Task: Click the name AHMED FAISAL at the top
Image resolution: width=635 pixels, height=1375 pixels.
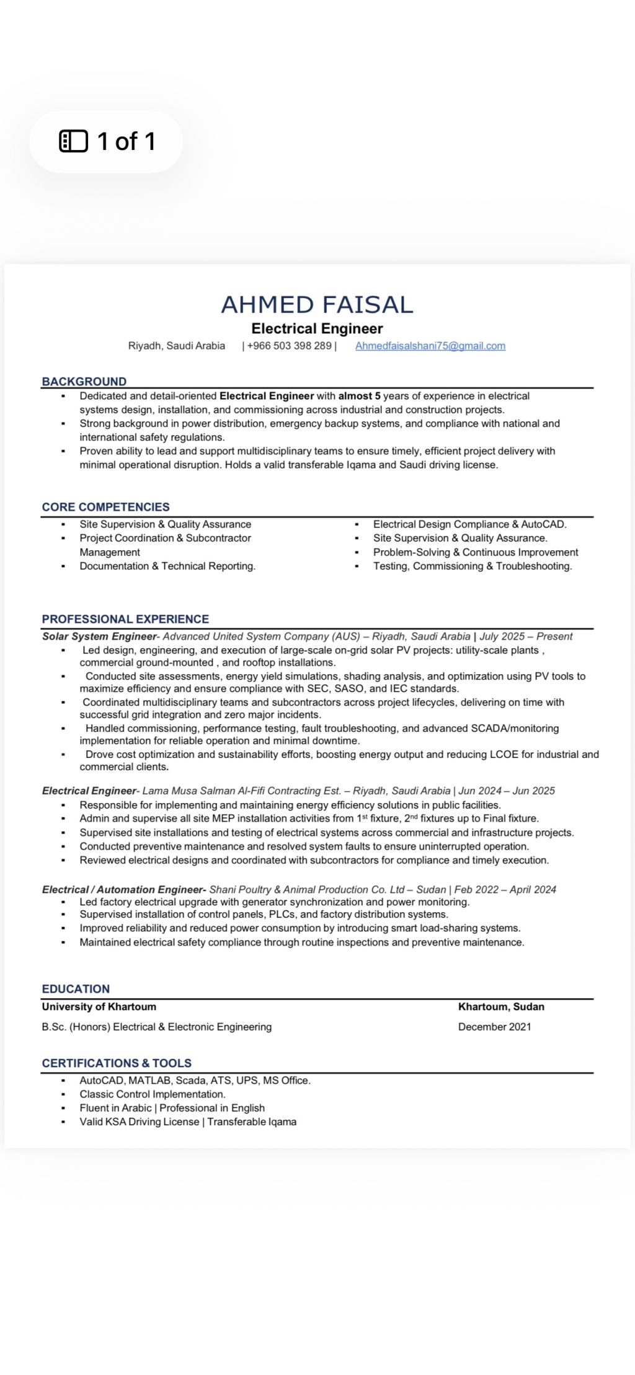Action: click(317, 305)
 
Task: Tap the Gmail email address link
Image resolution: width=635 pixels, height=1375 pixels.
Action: click(430, 346)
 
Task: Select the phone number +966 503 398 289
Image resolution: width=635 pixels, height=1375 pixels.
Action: click(289, 346)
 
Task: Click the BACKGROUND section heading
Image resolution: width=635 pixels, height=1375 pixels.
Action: click(84, 382)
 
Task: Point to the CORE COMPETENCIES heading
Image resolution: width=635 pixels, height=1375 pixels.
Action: click(105, 507)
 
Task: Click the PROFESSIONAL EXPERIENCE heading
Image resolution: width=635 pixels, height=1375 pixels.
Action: click(125, 619)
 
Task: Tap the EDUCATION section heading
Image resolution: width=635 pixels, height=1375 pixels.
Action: click(76, 989)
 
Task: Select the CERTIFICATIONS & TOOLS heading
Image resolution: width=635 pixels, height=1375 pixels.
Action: click(117, 1063)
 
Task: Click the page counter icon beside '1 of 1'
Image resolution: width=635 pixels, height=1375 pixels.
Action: click(73, 141)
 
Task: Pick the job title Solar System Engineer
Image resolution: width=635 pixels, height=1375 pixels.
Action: click(99, 636)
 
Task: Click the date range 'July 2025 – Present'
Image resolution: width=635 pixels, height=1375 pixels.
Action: click(526, 636)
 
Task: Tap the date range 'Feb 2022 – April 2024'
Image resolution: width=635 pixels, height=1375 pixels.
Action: click(505, 890)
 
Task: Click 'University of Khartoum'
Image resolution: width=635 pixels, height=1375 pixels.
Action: click(99, 1007)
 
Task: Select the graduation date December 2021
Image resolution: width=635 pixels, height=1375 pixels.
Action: click(494, 1027)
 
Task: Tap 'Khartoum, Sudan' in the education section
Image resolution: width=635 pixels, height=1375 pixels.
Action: click(501, 1007)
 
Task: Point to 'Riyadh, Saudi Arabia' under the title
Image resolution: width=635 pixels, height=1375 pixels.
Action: click(176, 346)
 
